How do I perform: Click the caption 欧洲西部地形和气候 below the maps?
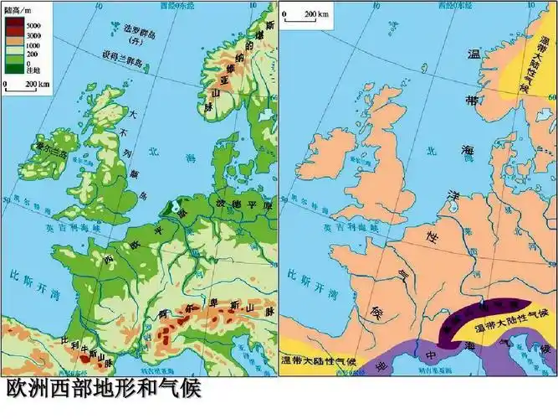tap(105, 390)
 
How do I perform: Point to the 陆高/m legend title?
tap(18, 10)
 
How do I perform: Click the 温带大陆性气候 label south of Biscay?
tap(321, 362)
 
